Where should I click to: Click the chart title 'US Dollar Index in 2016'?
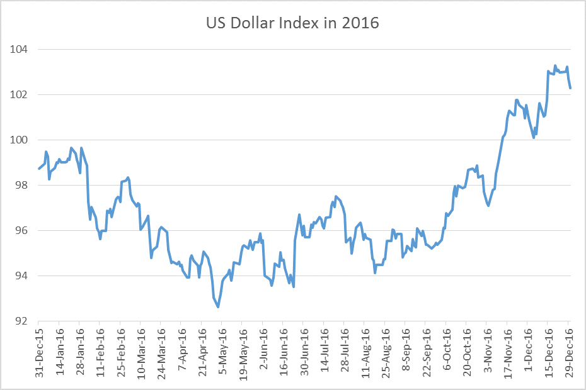tap(292, 24)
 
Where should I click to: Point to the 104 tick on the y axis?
tap(22, 49)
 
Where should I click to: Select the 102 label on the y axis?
tap(22, 94)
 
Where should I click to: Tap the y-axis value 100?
tap(22, 140)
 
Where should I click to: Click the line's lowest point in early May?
tap(218, 307)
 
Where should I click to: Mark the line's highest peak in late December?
tap(555, 65)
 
